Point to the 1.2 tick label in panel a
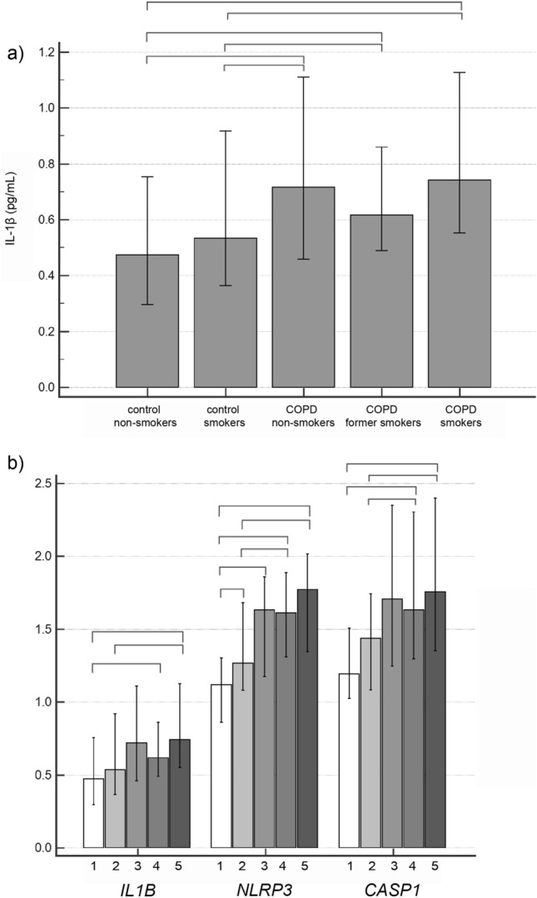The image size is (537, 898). click(46, 52)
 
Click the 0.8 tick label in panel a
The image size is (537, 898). click(46, 164)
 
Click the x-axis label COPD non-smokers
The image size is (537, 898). click(303, 417)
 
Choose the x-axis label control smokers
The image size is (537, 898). click(225, 417)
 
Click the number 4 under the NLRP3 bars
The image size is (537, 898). click(286, 864)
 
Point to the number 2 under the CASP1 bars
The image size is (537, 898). click(371, 864)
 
